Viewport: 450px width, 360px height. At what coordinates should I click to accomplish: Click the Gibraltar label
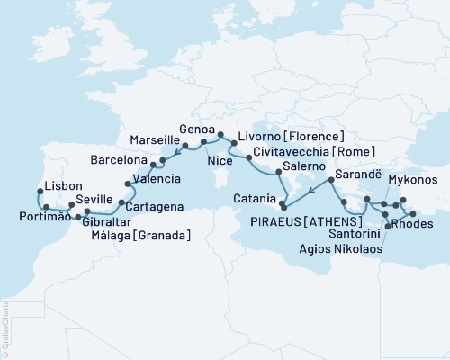point(109,221)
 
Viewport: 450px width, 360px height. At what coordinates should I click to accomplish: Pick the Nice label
point(220,161)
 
